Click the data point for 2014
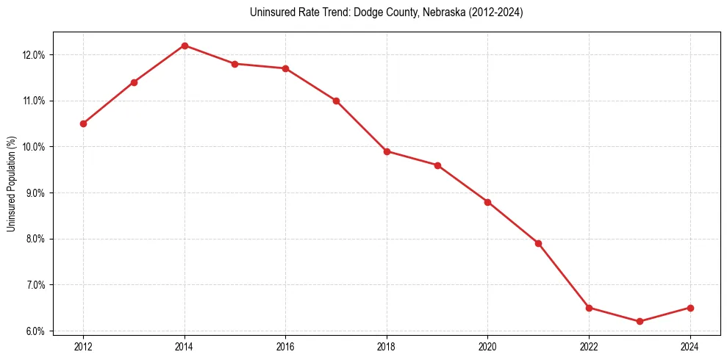pos(185,46)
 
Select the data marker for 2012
pos(83,123)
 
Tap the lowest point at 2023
pos(640,321)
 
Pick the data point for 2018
pos(387,151)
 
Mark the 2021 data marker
pos(538,243)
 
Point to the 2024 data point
pos(690,308)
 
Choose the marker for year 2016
pos(285,68)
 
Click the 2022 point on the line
pos(589,308)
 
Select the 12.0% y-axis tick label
pos(35,55)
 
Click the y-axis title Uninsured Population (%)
pos(11,184)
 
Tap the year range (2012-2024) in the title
pos(492,12)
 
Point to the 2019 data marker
pos(437,165)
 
